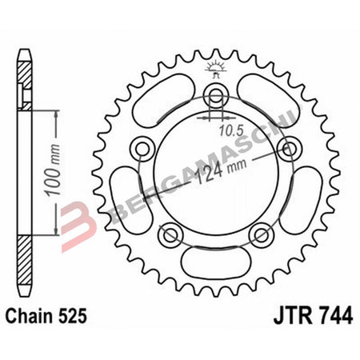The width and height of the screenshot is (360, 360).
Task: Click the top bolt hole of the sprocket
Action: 214,97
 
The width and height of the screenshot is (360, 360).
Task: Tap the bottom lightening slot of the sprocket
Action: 214,265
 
